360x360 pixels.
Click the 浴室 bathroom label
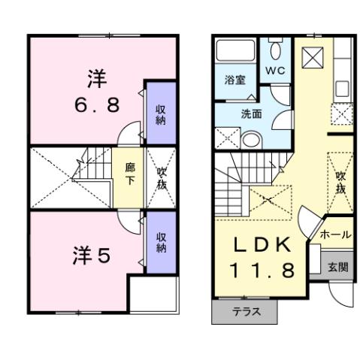(234, 80)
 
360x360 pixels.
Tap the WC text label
(274, 71)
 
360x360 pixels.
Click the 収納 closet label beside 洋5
(160, 243)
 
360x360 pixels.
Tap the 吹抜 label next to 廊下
(161, 178)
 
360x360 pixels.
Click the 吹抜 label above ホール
(340, 182)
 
